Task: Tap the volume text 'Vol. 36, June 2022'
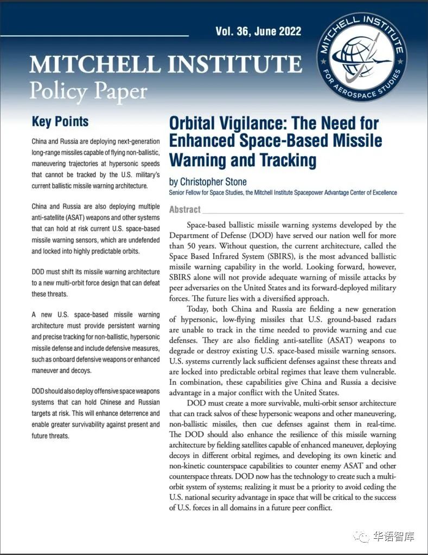[x=258, y=31]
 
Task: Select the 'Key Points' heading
[x=60, y=121]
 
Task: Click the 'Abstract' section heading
[x=184, y=209]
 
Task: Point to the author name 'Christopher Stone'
[x=214, y=182]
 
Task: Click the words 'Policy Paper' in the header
[x=88, y=90]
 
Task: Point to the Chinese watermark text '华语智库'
[x=394, y=537]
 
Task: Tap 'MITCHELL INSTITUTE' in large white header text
[x=165, y=65]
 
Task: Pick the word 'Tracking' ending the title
[x=287, y=160]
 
